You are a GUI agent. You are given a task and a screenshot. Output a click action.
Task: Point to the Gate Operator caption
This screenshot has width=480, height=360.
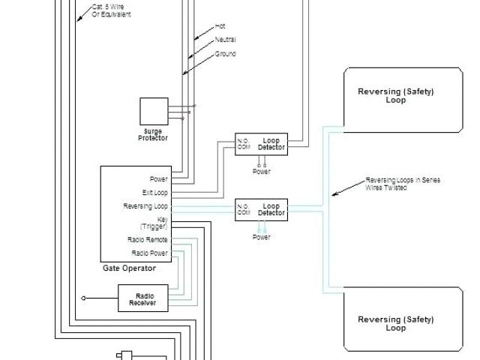pyautogui.click(x=129, y=268)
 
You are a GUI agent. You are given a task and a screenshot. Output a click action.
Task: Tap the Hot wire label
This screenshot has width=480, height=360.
pyautogui.click(x=220, y=25)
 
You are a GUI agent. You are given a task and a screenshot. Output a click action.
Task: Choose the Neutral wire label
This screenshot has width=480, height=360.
pyautogui.click(x=223, y=39)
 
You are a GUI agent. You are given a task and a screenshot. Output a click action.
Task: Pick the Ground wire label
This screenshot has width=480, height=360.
pyautogui.click(x=225, y=54)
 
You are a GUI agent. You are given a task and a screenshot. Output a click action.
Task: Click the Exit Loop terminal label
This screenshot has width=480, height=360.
pyautogui.click(x=155, y=193)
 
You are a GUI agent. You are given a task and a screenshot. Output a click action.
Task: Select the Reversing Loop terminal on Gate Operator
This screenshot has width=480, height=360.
pyautogui.click(x=146, y=206)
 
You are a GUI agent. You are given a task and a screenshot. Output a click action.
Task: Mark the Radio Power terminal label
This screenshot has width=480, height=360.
pyautogui.click(x=149, y=253)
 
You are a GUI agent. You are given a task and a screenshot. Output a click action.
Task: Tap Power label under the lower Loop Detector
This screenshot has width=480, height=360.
pyautogui.click(x=261, y=237)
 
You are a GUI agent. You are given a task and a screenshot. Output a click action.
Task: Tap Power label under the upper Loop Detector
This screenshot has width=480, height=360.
pyautogui.click(x=261, y=171)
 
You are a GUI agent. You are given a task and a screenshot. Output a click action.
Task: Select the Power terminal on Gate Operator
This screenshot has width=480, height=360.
pyautogui.click(x=159, y=179)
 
